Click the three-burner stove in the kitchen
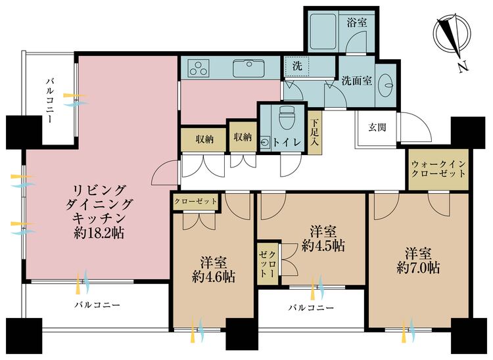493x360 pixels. [x=197, y=67]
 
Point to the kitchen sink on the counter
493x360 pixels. [x=250, y=66]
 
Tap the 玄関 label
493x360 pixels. [x=377, y=127]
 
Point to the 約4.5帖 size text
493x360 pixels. [x=323, y=246]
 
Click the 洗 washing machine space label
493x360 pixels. [x=296, y=66]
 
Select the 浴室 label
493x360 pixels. [x=358, y=22]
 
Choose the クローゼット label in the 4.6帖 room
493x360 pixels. [x=196, y=201]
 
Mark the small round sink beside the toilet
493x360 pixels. [x=265, y=141]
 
